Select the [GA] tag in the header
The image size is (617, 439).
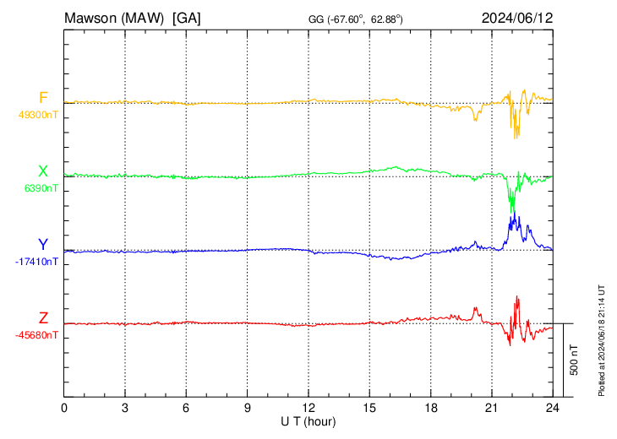[x=186, y=18]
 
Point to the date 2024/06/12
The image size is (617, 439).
[x=517, y=18]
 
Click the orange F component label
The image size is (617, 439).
[x=43, y=98]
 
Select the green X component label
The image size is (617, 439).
[x=43, y=171]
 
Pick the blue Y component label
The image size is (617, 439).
[x=43, y=245]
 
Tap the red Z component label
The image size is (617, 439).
[x=43, y=318]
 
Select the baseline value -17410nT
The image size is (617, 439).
[x=36, y=262]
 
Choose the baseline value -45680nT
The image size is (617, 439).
[x=36, y=335]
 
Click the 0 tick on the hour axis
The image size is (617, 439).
[x=64, y=407]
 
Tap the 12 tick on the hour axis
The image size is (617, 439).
[x=308, y=407]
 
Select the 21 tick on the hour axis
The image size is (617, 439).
[x=491, y=407]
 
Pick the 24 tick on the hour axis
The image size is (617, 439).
[x=553, y=407]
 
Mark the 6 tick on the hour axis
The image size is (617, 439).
[x=186, y=407]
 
